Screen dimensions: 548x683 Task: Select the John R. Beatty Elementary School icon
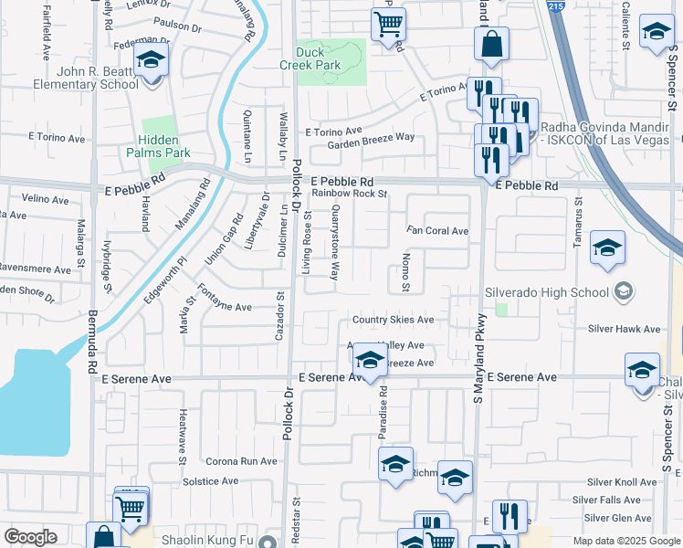tap(151, 63)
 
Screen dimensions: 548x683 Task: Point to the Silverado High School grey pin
tap(624, 292)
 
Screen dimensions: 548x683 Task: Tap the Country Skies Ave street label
tap(393, 320)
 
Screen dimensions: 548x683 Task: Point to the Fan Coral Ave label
tap(437, 231)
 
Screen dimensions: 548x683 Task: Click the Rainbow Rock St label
tap(350, 194)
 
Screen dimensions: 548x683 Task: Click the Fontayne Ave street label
tap(224, 308)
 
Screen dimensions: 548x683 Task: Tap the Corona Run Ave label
tap(241, 461)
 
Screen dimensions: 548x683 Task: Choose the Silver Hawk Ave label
tap(624, 329)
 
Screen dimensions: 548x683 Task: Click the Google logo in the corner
tap(30, 537)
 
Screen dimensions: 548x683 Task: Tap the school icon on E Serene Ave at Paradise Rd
tap(369, 360)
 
